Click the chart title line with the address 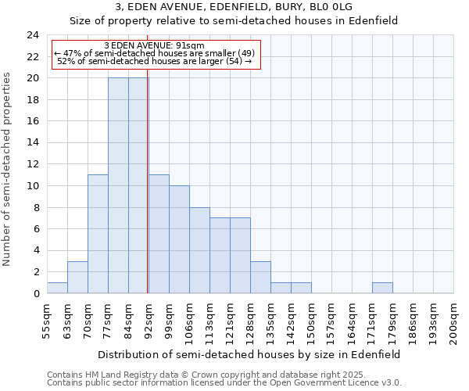coord(234,7)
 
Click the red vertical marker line coord(148,180)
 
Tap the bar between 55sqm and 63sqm coord(57,288)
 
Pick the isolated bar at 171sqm coord(382,288)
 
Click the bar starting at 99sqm coord(179,239)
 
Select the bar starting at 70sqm coord(98,234)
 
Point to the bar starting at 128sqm coord(260,277)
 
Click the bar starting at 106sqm coord(199,250)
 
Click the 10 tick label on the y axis coord(33,186)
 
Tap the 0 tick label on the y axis coord(36,294)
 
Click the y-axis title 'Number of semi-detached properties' coord(8,169)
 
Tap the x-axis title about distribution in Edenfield coord(250,354)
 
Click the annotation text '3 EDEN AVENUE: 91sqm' coord(154,45)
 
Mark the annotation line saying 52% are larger coord(154,61)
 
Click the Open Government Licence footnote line coord(224,383)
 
